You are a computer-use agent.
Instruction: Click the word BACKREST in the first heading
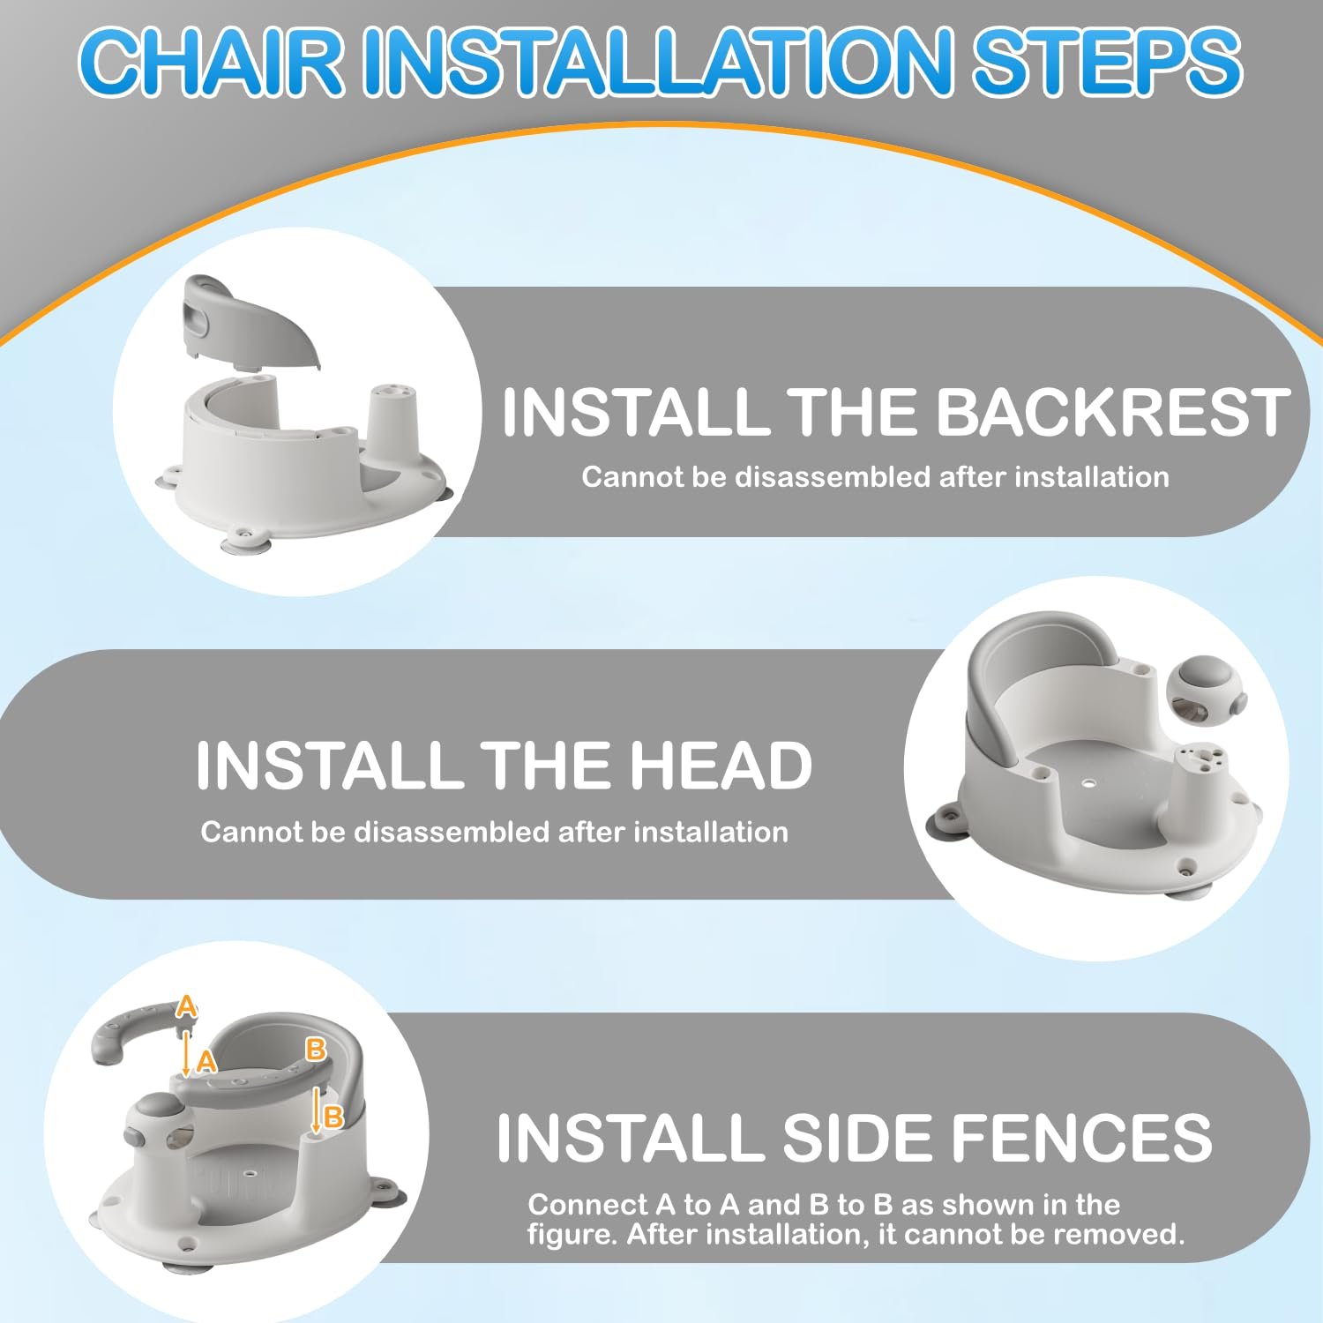pyautogui.click(x=1112, y=413)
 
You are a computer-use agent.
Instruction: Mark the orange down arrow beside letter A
pyautogui.click(x=186, y=1053)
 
